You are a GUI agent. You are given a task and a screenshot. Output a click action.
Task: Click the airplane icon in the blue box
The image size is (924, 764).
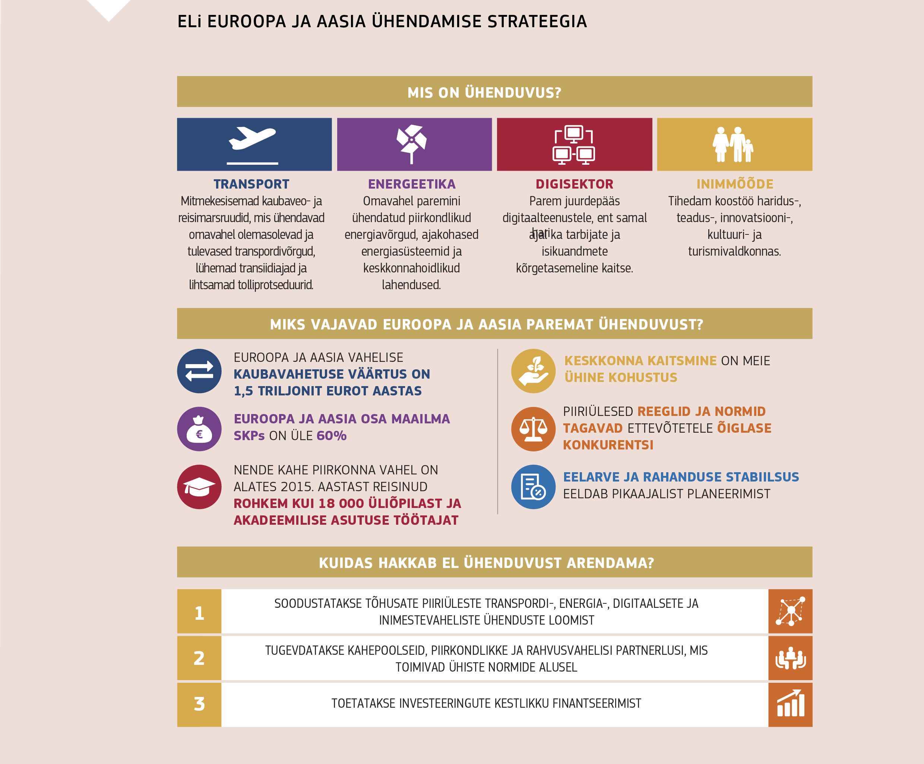coord(252,139)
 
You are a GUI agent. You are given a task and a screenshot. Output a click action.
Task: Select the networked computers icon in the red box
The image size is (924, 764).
coord(574,144)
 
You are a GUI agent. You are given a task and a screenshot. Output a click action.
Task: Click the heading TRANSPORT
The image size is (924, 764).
coord(251,184)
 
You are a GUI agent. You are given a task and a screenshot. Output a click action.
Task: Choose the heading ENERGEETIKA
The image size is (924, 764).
coord(411,184)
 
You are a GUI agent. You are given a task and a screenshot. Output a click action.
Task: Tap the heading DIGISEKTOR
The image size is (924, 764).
coord(574,184)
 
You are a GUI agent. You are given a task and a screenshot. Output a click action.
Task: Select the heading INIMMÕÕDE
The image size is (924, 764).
coord(734,184)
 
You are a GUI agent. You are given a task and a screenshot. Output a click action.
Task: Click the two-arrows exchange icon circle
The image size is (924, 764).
coord(199,371)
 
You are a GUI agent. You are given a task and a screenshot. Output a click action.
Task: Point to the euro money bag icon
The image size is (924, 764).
coord(199,429)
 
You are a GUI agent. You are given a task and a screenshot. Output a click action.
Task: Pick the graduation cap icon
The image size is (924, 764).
coord(199,487)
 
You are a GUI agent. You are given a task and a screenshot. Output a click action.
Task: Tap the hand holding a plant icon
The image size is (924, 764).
coord(533,371)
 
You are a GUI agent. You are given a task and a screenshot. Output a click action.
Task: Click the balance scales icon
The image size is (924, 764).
coord(533,429)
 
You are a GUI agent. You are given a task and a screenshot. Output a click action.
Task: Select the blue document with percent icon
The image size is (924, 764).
coord(533,487)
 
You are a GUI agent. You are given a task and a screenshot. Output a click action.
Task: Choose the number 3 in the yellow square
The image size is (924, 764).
coord(199,704)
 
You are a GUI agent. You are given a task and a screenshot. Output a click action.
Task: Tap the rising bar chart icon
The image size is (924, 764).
coord(790,704)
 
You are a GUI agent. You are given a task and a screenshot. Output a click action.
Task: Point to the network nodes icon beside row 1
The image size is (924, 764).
coord(790,611)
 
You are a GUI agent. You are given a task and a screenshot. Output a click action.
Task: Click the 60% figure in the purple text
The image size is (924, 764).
coord(331,436)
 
